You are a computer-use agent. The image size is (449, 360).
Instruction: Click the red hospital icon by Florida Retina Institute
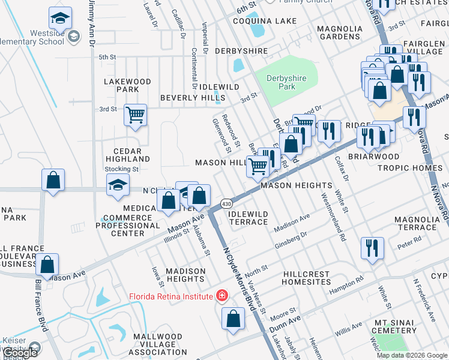222,296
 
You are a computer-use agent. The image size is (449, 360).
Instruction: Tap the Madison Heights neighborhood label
185,275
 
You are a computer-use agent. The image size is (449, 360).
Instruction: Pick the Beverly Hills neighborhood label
191,98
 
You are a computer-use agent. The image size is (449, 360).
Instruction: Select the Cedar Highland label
127,155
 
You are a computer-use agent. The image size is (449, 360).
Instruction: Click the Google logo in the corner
20,353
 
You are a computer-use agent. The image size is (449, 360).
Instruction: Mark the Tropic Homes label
409,167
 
